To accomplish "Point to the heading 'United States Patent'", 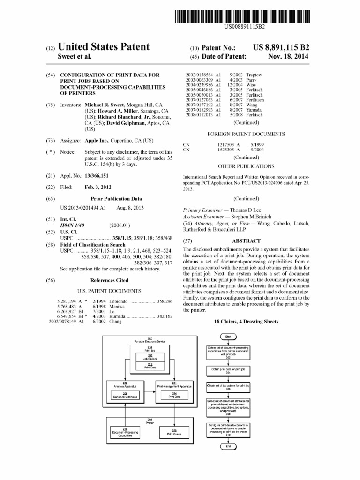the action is point(103,47).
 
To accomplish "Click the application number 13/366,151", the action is point(97,176).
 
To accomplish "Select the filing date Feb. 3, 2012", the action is point(99,187).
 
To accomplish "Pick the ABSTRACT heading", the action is point(246,240).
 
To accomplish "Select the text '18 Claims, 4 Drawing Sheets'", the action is point(246,322).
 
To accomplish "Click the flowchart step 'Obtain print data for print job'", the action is point(228,371).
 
